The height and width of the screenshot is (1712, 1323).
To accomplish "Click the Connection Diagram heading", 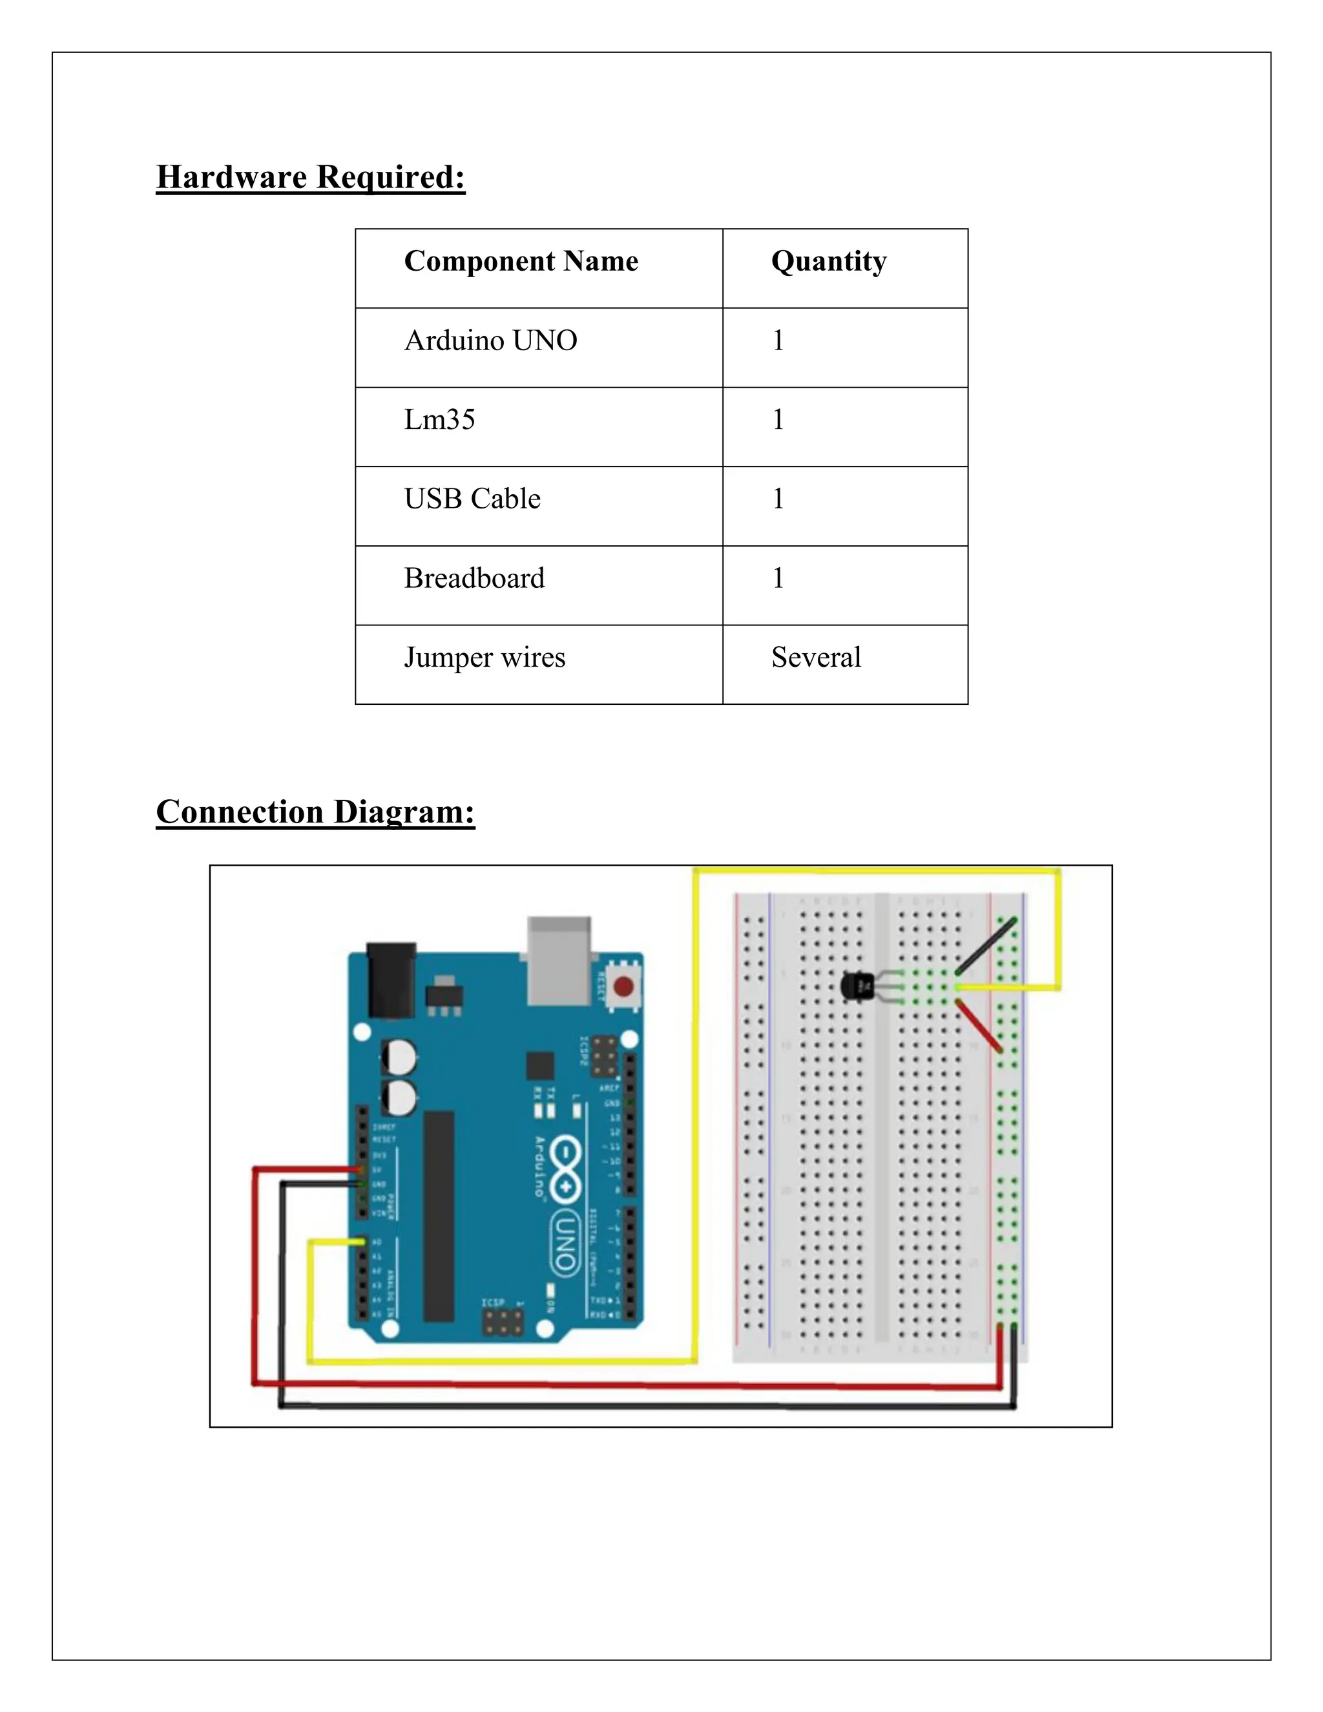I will click(x=315, y=812).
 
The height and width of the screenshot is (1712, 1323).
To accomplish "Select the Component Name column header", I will click(x=521, y=261).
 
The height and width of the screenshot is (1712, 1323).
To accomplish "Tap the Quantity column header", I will click(x=828, y=261).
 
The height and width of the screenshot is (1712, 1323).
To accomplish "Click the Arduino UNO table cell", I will click(x=491, y=340).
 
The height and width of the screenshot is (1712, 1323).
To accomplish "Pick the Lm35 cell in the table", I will click(x=440, y=419).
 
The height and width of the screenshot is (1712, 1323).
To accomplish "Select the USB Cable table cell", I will click(x=473, y=499).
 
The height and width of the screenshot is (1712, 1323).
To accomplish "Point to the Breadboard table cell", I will click(x=474, y=578).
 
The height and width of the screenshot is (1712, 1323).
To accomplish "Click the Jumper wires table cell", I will click(x=484, y=658).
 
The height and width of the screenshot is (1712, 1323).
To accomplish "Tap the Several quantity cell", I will click(x=816, y=658).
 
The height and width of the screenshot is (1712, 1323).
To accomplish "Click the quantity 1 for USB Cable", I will click(x=778, y=499).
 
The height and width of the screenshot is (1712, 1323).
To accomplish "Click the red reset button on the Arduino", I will click(x=624, y=986).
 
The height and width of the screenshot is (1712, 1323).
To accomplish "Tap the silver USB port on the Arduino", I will click(x=559, y=961).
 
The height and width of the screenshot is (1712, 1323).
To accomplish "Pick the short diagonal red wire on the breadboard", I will click(x=980, y=1026).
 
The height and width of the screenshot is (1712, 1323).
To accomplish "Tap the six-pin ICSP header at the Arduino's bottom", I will click(x=503, y=1325).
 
